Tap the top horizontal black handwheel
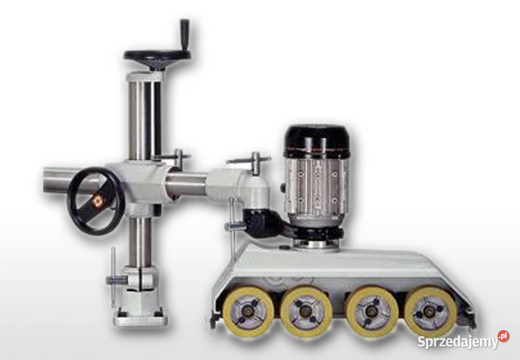click(x=158, y=56)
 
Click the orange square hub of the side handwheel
click(x=98, y=201)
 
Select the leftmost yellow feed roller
click(x=248, y=312)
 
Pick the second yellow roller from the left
click(x=305, y=312)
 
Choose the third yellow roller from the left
click(x=372, y=312)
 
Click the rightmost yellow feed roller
click(x=431, y=312)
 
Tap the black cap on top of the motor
click(x=316, y=139)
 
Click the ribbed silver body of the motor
click(x=316, y=189)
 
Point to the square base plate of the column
click(x=140, y=318)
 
